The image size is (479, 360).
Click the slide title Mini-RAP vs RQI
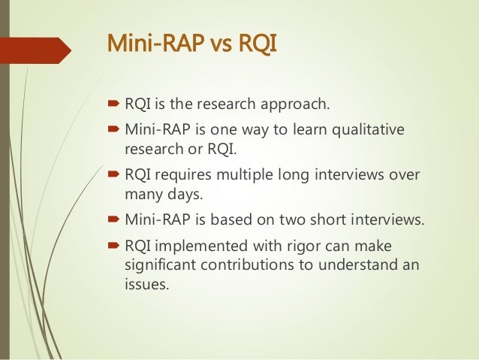pos(192,44)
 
